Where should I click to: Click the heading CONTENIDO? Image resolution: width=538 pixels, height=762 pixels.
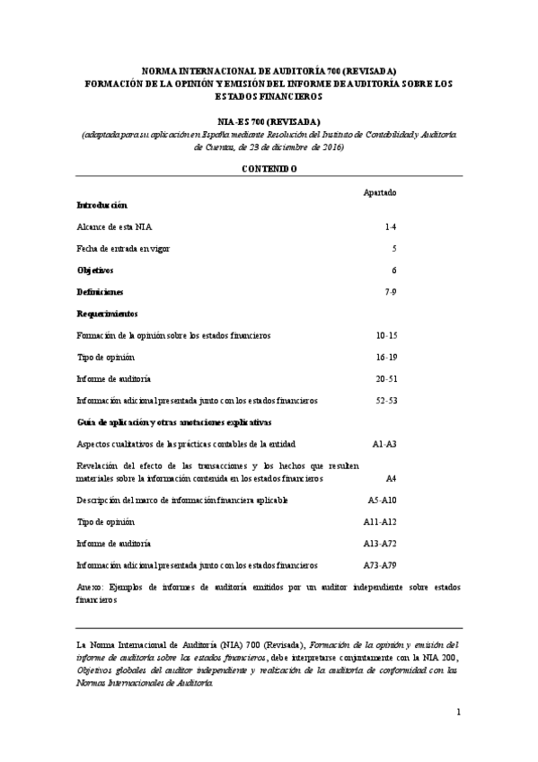269,168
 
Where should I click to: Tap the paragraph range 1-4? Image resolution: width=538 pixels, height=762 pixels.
390,228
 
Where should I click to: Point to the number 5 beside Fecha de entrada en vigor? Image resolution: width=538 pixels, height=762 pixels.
393,248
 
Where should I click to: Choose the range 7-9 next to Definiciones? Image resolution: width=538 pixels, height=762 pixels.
390,292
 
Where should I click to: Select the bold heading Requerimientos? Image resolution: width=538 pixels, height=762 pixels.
107,314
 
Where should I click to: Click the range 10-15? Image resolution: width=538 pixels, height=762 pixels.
386,335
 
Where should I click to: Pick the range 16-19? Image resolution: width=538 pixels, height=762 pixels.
386,357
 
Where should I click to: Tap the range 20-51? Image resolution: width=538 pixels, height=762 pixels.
386,378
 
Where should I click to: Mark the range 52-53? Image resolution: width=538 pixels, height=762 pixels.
386,400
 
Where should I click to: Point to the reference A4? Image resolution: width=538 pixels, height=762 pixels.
391,479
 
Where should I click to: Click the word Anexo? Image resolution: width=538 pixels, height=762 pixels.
89,587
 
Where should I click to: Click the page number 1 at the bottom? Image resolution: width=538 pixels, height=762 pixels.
457,713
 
